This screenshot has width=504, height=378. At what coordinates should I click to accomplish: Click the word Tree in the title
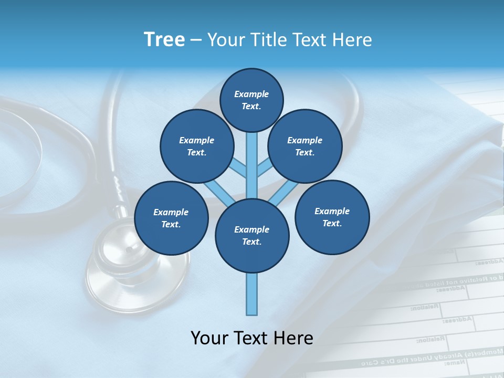tap(164, 40)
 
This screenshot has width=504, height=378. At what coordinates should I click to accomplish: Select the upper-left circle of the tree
tap(196, 146)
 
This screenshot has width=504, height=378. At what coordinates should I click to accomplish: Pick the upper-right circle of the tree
tap(305, 146)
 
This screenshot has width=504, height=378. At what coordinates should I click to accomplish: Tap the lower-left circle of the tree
tap(171, 218)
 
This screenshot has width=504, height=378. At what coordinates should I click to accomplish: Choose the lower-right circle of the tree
tap(332, 217)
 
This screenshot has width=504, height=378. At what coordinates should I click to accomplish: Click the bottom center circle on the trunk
tap(252, 235)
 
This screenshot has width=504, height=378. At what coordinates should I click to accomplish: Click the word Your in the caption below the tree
tap(209, 338)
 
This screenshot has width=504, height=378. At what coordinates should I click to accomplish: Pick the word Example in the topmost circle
tap(251, 94)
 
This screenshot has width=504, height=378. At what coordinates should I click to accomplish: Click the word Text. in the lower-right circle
tap(332, 223)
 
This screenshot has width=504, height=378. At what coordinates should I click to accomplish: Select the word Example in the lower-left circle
tap(171, 212)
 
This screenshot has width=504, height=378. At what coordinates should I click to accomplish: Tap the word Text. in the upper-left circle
tap(196, 153)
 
